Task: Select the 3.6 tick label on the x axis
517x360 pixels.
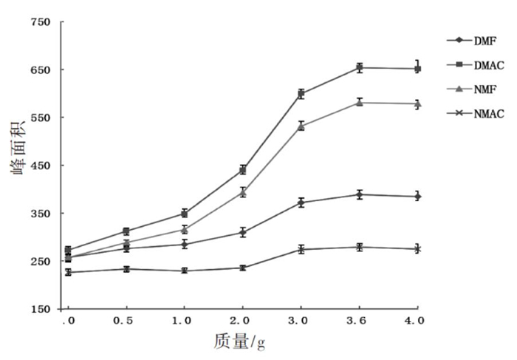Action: [x=360, y=320]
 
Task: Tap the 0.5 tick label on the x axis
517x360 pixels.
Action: [x=126, y=320]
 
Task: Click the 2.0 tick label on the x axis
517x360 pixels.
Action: [x=242, y=320]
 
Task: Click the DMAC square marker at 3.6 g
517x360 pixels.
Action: [x=360, y=67]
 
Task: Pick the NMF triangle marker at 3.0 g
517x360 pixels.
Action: [x=301, y=126]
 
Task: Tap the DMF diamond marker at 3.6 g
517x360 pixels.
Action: [x=360, y=195]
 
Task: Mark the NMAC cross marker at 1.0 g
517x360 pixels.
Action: [x=185, y=271]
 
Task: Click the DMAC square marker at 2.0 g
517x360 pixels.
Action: [x=242, y=170]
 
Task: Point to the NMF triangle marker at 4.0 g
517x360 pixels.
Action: [x=417, y=104]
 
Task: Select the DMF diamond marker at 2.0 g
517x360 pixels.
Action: [x=242, y=232]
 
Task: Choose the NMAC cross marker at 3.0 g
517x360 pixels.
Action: [x=301, y=250]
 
